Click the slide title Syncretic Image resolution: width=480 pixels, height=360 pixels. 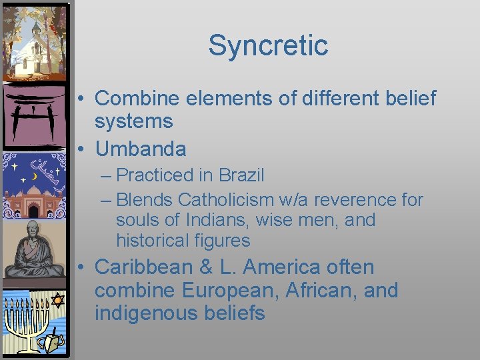268,45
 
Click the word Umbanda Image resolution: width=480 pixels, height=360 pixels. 141,148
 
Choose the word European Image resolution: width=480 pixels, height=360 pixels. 219,290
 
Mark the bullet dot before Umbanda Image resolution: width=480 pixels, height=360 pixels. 80,149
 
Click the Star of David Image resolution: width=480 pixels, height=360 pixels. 57,300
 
